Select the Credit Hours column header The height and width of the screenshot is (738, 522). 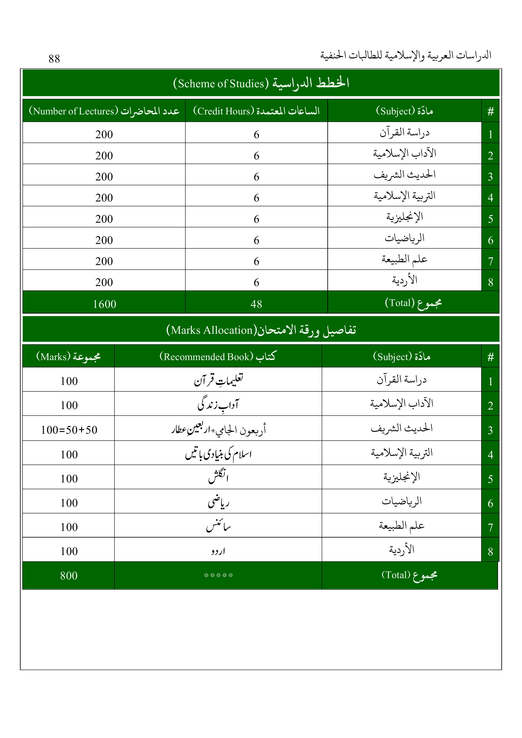tap(256, 111)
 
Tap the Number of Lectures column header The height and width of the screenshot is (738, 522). tap(104, 111)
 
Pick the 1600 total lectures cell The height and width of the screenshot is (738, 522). tap(104, 304)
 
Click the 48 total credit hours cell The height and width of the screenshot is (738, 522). tap(256, 304)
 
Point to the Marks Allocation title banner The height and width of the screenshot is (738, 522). tap(261, 330)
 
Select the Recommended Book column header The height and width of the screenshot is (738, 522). tap(218, 356)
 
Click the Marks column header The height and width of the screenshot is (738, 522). tap(69, 356)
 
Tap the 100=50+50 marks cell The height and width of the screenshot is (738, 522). tap(69, 430)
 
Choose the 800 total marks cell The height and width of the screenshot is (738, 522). tap(69, 575)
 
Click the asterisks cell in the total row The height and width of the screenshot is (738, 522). tap(218, 575)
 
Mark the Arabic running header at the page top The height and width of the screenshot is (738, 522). tap(406, 55)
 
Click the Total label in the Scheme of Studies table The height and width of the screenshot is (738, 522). tap(413, 303)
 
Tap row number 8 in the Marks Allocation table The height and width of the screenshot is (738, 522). tap(490, 552)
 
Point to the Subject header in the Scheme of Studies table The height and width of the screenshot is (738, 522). tap(404, 111)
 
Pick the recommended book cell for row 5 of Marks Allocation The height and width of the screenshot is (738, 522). tap(218, 477)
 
